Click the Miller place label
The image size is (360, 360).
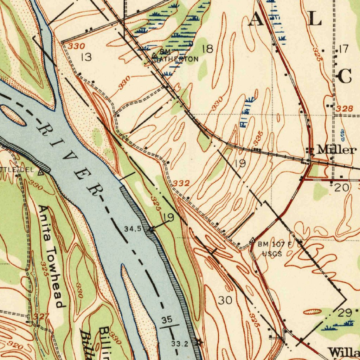pyautogui.click(x=336, y=150)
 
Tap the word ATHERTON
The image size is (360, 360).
pyautogui.click(x=178, y=59)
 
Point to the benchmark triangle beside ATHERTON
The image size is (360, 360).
pyautogui.click(x=155, y=56)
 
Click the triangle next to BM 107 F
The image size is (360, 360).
pyautogui.click(x=252, y=240)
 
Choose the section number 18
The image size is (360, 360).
pyautogui.click(x=207, y=49)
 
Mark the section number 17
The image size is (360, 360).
pyautogui.click(x=343, y=49)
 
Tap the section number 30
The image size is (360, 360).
pyautogui.click(x=225, y=300)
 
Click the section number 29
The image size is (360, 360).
pyautogui.click(x=345, y=313)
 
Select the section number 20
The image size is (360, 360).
pyautogui.click(x=342, y=187)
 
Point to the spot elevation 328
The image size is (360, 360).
pyautogui.click(x=343, y=109)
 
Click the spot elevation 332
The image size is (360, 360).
pyautogui.click(x=181, y=183)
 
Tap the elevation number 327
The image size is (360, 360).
pyautogui.click(x=41, y=316)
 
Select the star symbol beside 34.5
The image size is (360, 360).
pyautogui.click(x=152, y=230)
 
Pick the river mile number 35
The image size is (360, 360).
pyautogui.click(x=167, y=320)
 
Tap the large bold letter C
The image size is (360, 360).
pyautogui.click(x=345, y=77)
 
